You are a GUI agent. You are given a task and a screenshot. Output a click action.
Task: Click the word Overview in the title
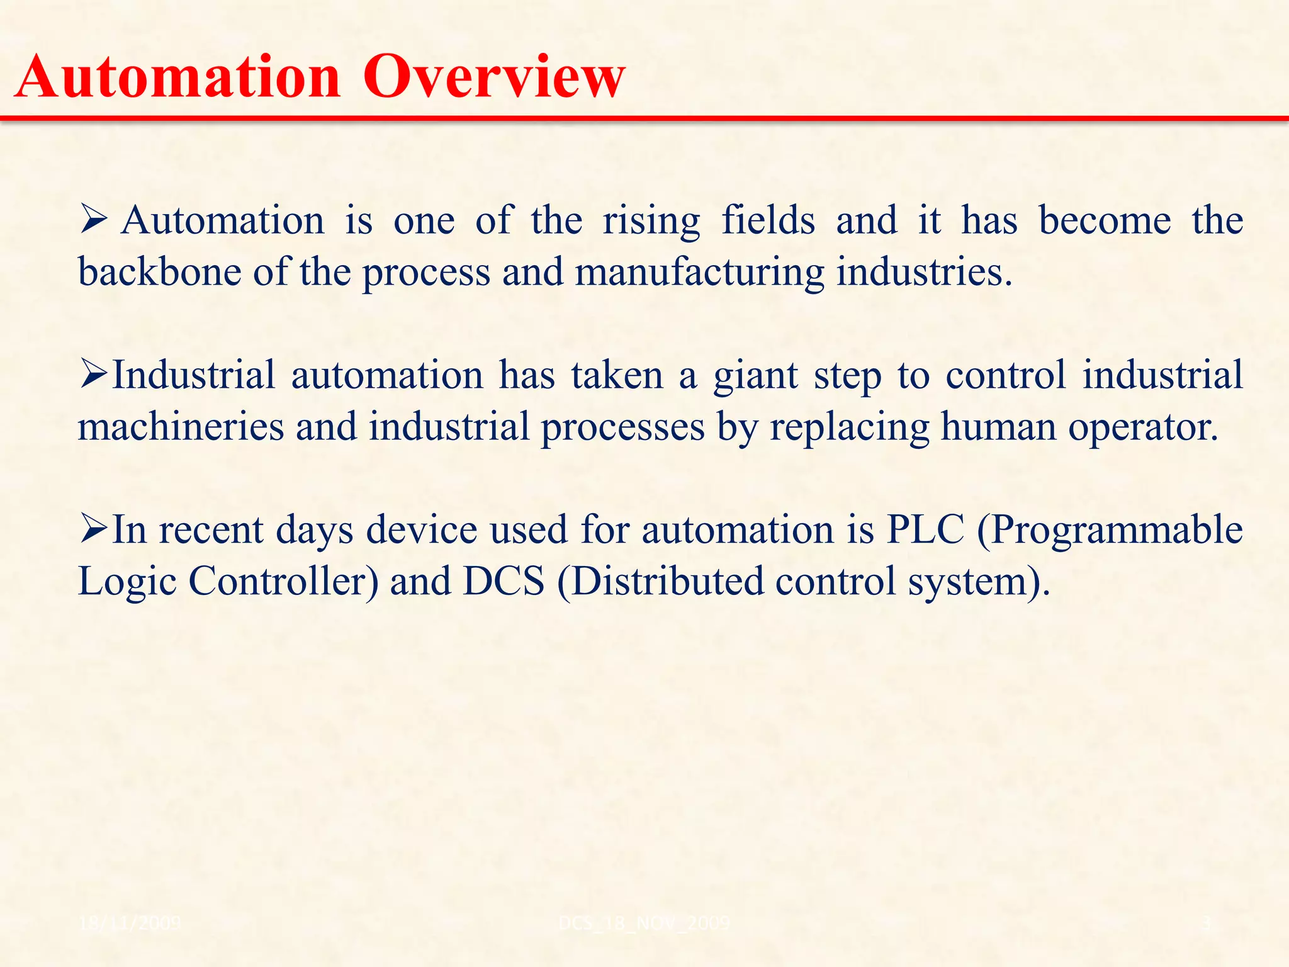[x=494, y=77]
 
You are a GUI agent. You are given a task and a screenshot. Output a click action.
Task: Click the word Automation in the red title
[x=177, y=77]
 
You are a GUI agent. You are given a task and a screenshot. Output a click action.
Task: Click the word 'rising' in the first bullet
[x=651, y=222]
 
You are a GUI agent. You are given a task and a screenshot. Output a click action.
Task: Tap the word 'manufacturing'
[x=699, y=273]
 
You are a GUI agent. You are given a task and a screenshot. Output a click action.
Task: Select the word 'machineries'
[x=181, y=427]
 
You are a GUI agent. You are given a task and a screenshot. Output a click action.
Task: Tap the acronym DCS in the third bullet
[x=504, y=581]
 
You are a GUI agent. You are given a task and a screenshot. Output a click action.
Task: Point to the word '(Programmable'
[x=1110, y=531]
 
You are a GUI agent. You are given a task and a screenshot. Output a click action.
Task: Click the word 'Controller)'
[x=283, y=581]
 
